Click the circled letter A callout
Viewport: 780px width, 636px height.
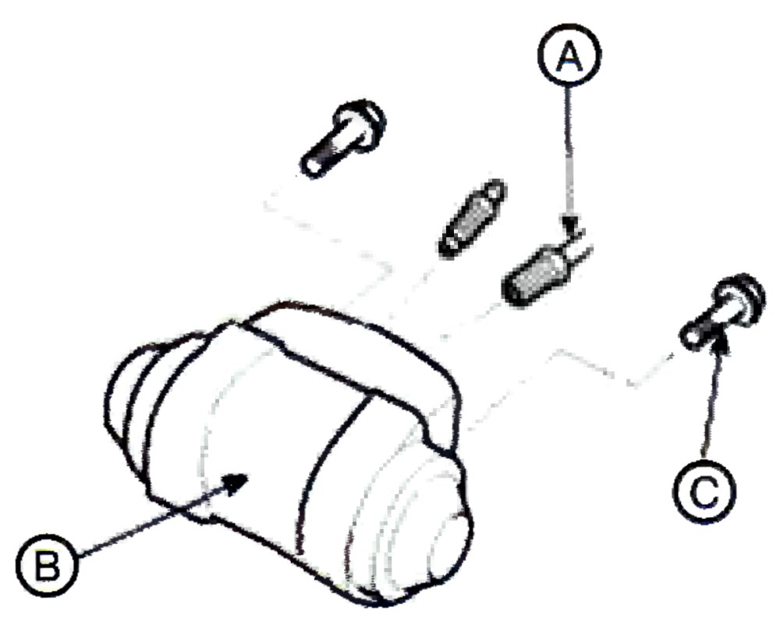(x=569, y=55)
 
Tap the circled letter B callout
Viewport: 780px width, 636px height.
(x=48, y=567)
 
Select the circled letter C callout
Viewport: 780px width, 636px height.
(x=704, y=492)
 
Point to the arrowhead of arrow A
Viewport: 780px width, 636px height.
(x=571, y=223)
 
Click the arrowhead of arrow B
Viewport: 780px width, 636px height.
(x=236, y=482)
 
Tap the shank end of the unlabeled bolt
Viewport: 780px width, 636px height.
(x=312, y=168)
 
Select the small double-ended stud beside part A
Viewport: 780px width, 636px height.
(x=472, y=219)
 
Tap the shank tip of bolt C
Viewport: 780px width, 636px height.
(x=691, y=337)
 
